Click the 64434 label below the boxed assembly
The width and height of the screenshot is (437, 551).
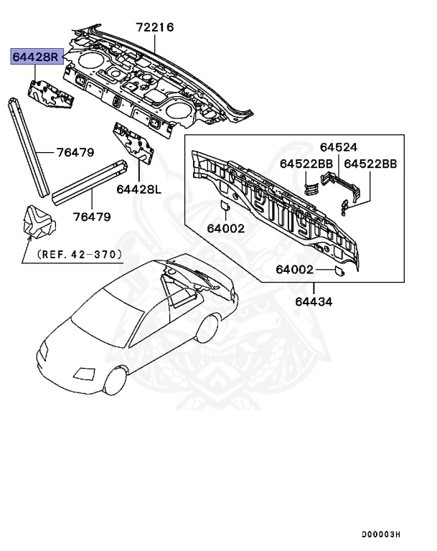314,301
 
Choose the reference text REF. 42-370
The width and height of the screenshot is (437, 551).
78,254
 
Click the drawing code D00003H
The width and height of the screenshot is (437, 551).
380,534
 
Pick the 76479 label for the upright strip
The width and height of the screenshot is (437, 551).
75,153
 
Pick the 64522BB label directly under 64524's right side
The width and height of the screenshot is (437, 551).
370,164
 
